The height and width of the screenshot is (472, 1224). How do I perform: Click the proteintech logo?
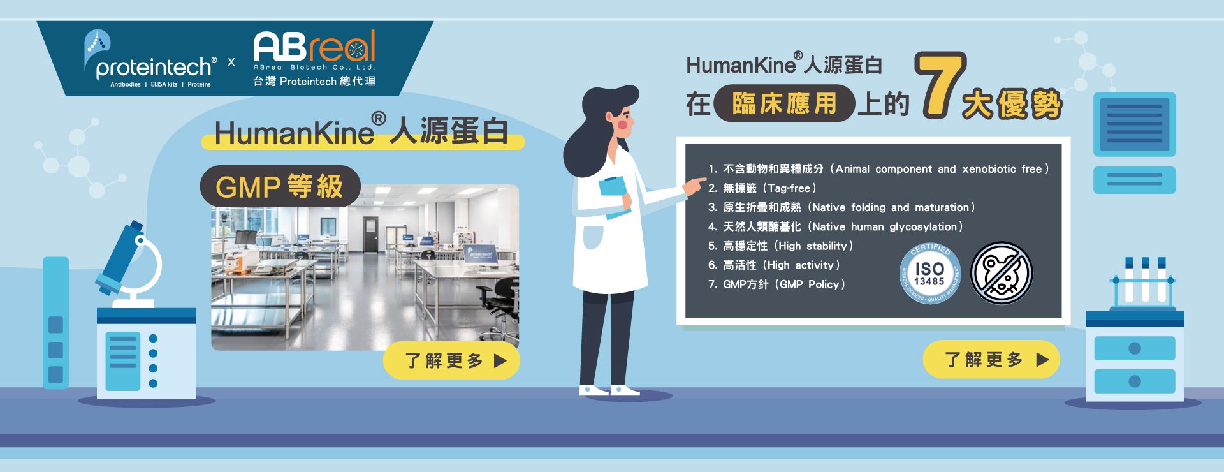pyautogui.click(x=150, y=59)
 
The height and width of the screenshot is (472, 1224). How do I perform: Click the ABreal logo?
pyautogui.click(x=315, y=58)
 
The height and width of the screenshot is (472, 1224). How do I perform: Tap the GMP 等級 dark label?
pyautogui.click(x=280, y=186)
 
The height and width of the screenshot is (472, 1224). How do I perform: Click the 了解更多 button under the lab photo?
pyautogui.click(x=451, y=361)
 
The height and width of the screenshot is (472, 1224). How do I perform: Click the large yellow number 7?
pyautogui.click(x=940, y=85)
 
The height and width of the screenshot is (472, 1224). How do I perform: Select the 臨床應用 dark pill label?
pyautogui.click(x=784, y=103)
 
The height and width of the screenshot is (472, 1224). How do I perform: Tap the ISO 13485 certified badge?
pyautogui.click(x=929, y=273)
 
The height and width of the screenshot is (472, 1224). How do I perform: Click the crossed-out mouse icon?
pyautogui.click(x=1002, y=272)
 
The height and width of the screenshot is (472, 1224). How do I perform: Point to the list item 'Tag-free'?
pyautogui.click(x=762, y=188)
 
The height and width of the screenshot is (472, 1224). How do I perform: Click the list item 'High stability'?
pyautogui.click(x=780, y=246)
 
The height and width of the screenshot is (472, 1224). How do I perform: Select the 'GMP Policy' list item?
pyautogui.click(x=776, y=284)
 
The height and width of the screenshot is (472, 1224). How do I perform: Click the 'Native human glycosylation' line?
pyautogui.click(x=835, y=227)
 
